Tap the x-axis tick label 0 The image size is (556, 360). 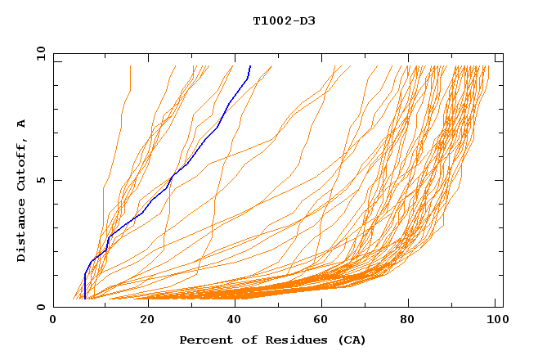click(54, 322)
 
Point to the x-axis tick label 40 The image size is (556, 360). click(234, 322)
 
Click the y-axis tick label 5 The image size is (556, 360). click(40, 180)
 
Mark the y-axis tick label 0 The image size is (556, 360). click(40, 307)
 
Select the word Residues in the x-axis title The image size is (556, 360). click(292, 340)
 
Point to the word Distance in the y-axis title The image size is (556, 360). click(21, 228)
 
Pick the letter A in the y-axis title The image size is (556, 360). click(21, 124)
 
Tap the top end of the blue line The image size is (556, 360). click(249, 66)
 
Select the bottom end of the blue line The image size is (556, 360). click(85, 299)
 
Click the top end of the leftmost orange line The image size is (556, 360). click(130, 66)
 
